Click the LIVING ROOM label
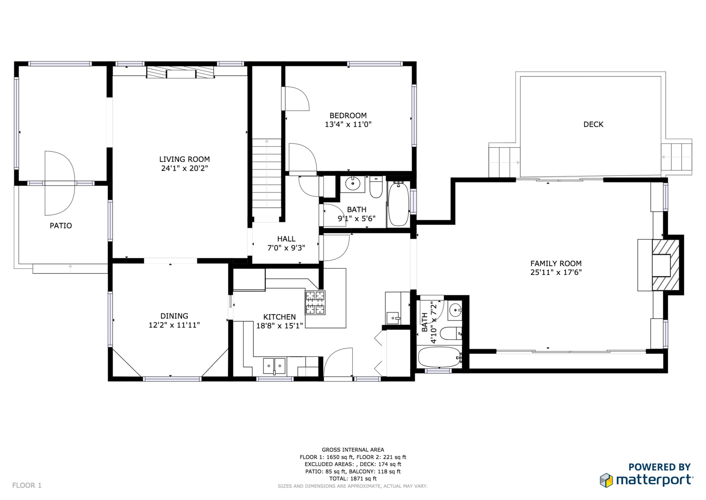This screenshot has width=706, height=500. (x=184, y=159)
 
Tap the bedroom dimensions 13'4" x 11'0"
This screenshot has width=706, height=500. (x=348, y=125)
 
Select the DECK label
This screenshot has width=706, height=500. (x=594, y=125)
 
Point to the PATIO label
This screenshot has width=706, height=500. (x=61, y=226)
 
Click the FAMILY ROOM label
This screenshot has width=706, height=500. (x=556, y=263)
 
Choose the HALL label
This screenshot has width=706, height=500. (x=287, y=239)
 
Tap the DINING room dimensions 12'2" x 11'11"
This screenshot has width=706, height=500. (x=174, y=325)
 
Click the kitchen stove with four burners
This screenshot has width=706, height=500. (x=315, y=302)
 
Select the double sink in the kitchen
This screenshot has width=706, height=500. (x=274, y=366)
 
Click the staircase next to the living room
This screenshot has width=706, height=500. (x=267, y=178)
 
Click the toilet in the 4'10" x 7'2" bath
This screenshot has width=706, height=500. (x=451, y=333)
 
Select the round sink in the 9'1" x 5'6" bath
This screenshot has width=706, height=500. (x=352, y=183)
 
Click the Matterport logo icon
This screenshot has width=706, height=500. (x=606, y=480)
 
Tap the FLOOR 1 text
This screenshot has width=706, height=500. (x=27, y=486)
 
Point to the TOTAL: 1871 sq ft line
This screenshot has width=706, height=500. (x=353, y=479)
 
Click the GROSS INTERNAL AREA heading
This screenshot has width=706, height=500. (x=353, y=450)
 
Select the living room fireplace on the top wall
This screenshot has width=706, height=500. (x=180, y=72)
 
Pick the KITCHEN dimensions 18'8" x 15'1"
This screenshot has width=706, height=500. (x=280, y=326)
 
